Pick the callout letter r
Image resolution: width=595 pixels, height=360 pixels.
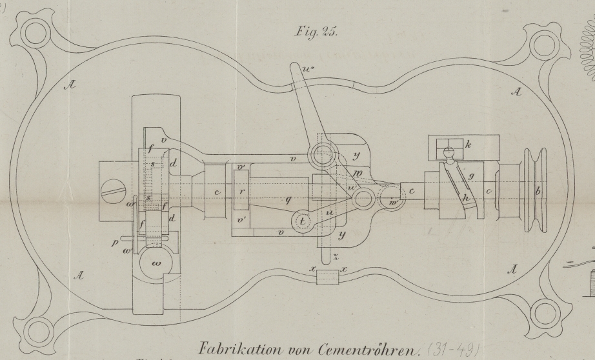(240, 192)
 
